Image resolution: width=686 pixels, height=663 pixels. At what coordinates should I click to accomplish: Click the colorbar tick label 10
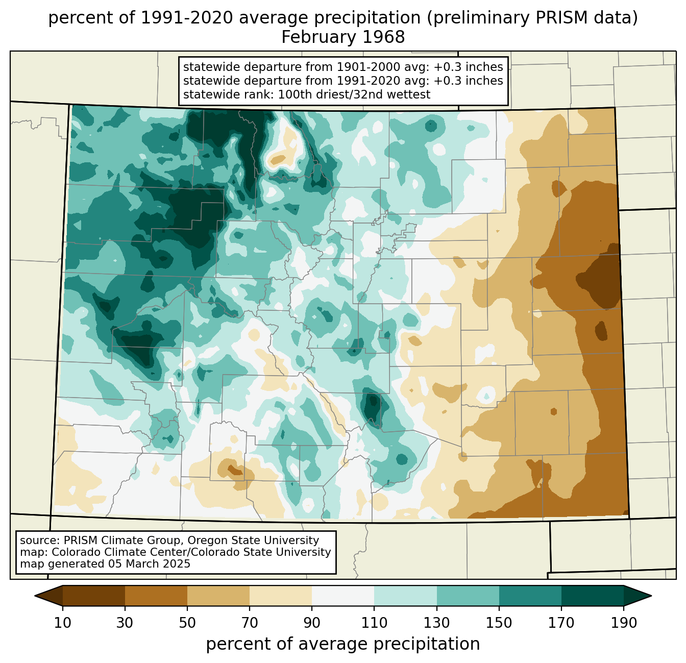[63, 623]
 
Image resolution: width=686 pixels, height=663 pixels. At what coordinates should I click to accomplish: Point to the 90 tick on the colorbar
[312, 623]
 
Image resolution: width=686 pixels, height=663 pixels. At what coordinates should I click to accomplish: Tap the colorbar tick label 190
[624, 623]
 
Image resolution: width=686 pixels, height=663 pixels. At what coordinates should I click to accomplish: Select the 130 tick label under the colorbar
[437, 623]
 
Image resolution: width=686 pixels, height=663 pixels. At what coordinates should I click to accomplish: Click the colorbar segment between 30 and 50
[156, 596]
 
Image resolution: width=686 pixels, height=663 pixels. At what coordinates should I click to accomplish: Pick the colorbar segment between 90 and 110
[343, 596]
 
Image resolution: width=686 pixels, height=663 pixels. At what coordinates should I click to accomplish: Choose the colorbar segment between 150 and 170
[530, 596]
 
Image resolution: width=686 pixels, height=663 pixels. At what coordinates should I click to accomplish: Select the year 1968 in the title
[384, 37]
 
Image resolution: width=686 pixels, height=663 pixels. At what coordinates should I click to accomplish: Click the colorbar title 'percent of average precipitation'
[343, 644]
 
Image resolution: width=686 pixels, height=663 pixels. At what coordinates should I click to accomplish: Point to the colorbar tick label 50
[187, 623]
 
